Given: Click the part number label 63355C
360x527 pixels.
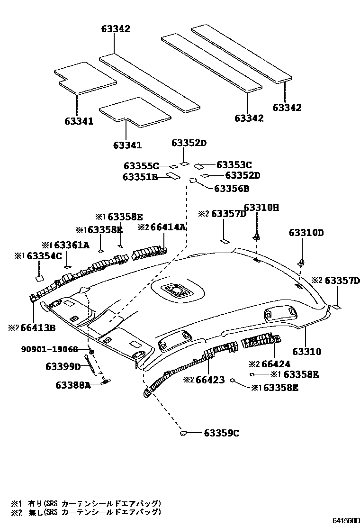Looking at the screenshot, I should [141, 166].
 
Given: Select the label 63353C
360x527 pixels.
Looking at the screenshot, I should [234, 165].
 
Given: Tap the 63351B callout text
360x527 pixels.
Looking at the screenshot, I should [140, 177].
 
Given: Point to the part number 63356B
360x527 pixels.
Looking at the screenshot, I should [232, 189].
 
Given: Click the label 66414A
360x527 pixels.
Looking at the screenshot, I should [168, 227].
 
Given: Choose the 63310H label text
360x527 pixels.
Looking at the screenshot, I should [261, 207].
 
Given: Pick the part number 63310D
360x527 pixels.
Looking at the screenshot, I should [306, 233].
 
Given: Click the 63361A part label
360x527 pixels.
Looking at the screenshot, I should [72, 245].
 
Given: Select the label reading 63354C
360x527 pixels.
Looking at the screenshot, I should [44, 256].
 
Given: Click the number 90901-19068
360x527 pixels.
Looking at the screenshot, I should [49, 349].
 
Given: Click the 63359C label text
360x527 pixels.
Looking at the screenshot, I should [222, 433].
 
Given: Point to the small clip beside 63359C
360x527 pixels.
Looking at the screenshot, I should [184, 433].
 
